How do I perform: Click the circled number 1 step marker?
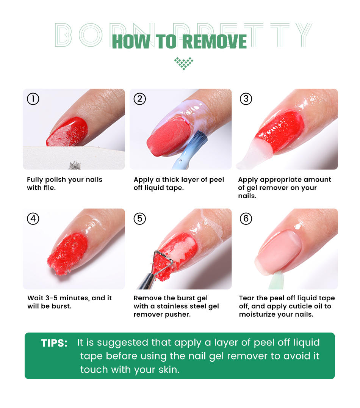(33, 99)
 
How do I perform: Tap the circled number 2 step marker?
(140, 99)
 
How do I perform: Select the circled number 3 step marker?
(246, 99)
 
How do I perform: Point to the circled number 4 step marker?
(33, 218)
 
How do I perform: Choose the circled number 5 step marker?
(140, 218)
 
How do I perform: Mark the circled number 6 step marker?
(246, 218)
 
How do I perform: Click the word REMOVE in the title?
(214, 42)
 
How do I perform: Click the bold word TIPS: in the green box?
(54, 343)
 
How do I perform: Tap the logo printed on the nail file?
(75, 165)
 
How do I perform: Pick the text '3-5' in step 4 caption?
(52, 298)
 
